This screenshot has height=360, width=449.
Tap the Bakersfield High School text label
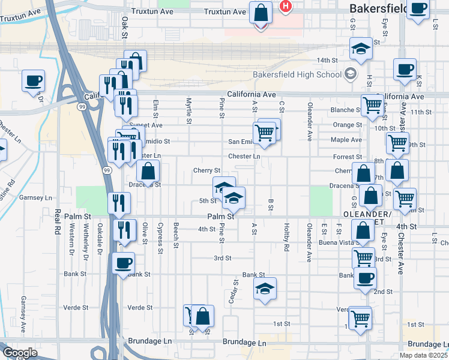tap(305, 74)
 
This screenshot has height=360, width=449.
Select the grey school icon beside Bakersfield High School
tap(350, 75)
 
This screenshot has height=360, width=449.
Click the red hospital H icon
tap(286, 7)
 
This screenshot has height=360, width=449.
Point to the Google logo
tap(20, 352)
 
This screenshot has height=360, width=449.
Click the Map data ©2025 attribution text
tap(424, 355)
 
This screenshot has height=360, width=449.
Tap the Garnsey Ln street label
tap(36, 197)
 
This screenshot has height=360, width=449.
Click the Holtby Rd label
tap(286, 238)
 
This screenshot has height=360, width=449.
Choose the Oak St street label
tap(125, 28)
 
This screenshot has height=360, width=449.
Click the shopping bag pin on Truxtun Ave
tap(261, 12)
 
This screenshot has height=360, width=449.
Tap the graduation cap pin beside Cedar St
tap(265, 289)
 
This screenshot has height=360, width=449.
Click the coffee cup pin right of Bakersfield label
tap(418, 8)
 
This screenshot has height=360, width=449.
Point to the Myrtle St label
tap(188, 111)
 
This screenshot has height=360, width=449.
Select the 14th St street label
tap(328, 61)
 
